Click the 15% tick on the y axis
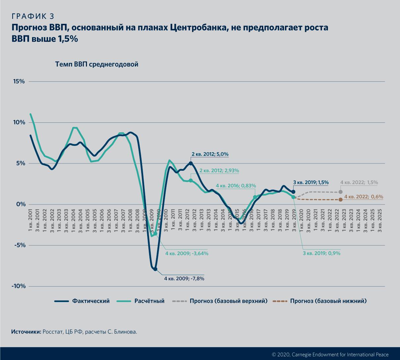[19, 81]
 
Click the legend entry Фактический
[91, 301]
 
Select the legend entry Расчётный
[149, 301]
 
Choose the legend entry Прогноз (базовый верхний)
[228, 301]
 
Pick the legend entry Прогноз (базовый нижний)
[328, 301]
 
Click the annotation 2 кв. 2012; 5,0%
[210, 154]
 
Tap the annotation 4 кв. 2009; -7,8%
[184, 279]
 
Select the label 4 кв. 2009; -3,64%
[186, 253]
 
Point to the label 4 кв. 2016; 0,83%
[236, 186]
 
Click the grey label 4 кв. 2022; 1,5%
[359, 183]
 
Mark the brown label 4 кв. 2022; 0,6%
[364, 197]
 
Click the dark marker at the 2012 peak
[191, 163]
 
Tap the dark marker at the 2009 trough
[155, 269]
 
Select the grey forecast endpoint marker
[341, 192]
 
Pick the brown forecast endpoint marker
[341, 200]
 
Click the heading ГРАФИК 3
[33, 16]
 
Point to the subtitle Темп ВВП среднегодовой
[97, 65]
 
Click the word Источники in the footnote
[26, 332]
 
